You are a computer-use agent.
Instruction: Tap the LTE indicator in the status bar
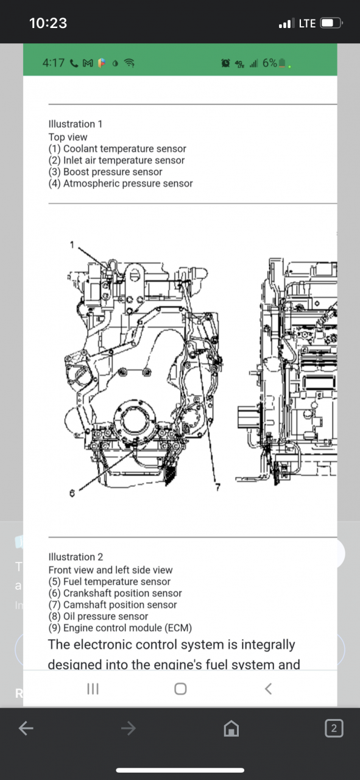coord(307,24)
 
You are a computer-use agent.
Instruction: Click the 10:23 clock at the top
coord(48,23)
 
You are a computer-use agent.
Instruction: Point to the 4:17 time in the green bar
coord(54,63)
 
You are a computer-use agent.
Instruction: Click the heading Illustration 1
coord(76,124)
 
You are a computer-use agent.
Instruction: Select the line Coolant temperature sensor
coord(118,149)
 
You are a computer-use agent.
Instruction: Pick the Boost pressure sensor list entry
coord(105,172)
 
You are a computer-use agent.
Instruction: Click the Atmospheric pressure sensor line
coord(121,183)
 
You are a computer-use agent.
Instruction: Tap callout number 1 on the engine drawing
coord(71,244)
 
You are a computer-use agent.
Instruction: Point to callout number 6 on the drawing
coord(72,492)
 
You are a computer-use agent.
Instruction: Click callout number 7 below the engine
coord(216,486)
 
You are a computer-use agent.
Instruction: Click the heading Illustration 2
coord(76,557)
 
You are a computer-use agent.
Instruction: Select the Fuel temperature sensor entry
coord(110,581)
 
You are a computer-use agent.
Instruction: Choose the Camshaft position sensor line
coord(113,604)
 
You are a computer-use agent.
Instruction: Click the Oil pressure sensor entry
coord(98,616)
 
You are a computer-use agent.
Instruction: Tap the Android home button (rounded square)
coord(180,689)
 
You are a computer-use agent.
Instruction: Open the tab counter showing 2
coord(333,728)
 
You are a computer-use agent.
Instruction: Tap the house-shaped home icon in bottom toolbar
coord(231,728)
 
